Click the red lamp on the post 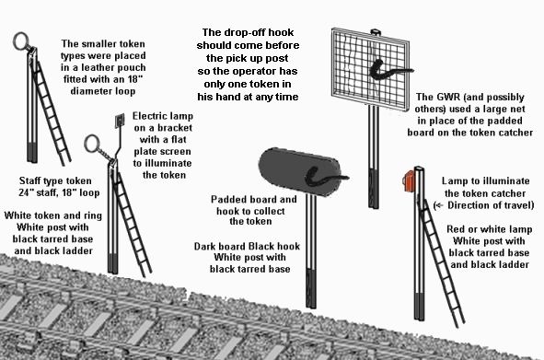pos(409,180)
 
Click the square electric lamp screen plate pos(120,121)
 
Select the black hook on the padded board pos(324,177)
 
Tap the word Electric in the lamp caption pos(148,116)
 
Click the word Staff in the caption pos(30,180)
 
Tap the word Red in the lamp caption pos(455,229)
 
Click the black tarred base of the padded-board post pos(311,287)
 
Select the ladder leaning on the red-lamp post pos(441,264)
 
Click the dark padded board pos(299,172)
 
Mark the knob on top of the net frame pos(376,32)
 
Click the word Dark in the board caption pos(204,246)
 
